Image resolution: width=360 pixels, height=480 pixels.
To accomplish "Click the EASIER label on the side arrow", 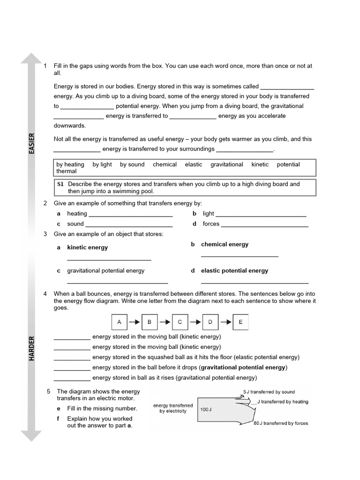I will (31, 143).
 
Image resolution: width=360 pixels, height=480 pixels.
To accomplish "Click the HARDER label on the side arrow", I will (31, 348).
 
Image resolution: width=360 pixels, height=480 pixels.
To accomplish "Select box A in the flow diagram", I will (119, 322).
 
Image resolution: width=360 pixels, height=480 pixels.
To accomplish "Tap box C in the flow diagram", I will (180, 322).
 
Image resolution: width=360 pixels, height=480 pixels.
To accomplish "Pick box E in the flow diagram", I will (240, 322).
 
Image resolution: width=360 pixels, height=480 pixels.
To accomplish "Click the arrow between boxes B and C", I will (165, 322).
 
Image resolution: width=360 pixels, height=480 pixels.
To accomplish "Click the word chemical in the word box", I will (165, 165).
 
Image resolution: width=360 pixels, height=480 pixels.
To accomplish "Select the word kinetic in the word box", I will (260, 165).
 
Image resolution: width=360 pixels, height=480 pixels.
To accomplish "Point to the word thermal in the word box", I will (66, 172).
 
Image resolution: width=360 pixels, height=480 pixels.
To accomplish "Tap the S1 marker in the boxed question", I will (60, 184).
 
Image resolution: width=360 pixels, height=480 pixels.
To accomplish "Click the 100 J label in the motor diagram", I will (207, 409).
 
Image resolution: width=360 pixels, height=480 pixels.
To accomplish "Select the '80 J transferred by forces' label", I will (280, 423).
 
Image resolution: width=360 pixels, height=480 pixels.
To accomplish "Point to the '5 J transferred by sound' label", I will (269, 392).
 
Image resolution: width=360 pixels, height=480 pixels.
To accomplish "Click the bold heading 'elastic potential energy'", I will (234, 270).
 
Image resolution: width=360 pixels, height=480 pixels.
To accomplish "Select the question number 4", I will (45, 293).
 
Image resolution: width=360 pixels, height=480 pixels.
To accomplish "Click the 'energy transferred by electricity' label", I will (172, 408).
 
